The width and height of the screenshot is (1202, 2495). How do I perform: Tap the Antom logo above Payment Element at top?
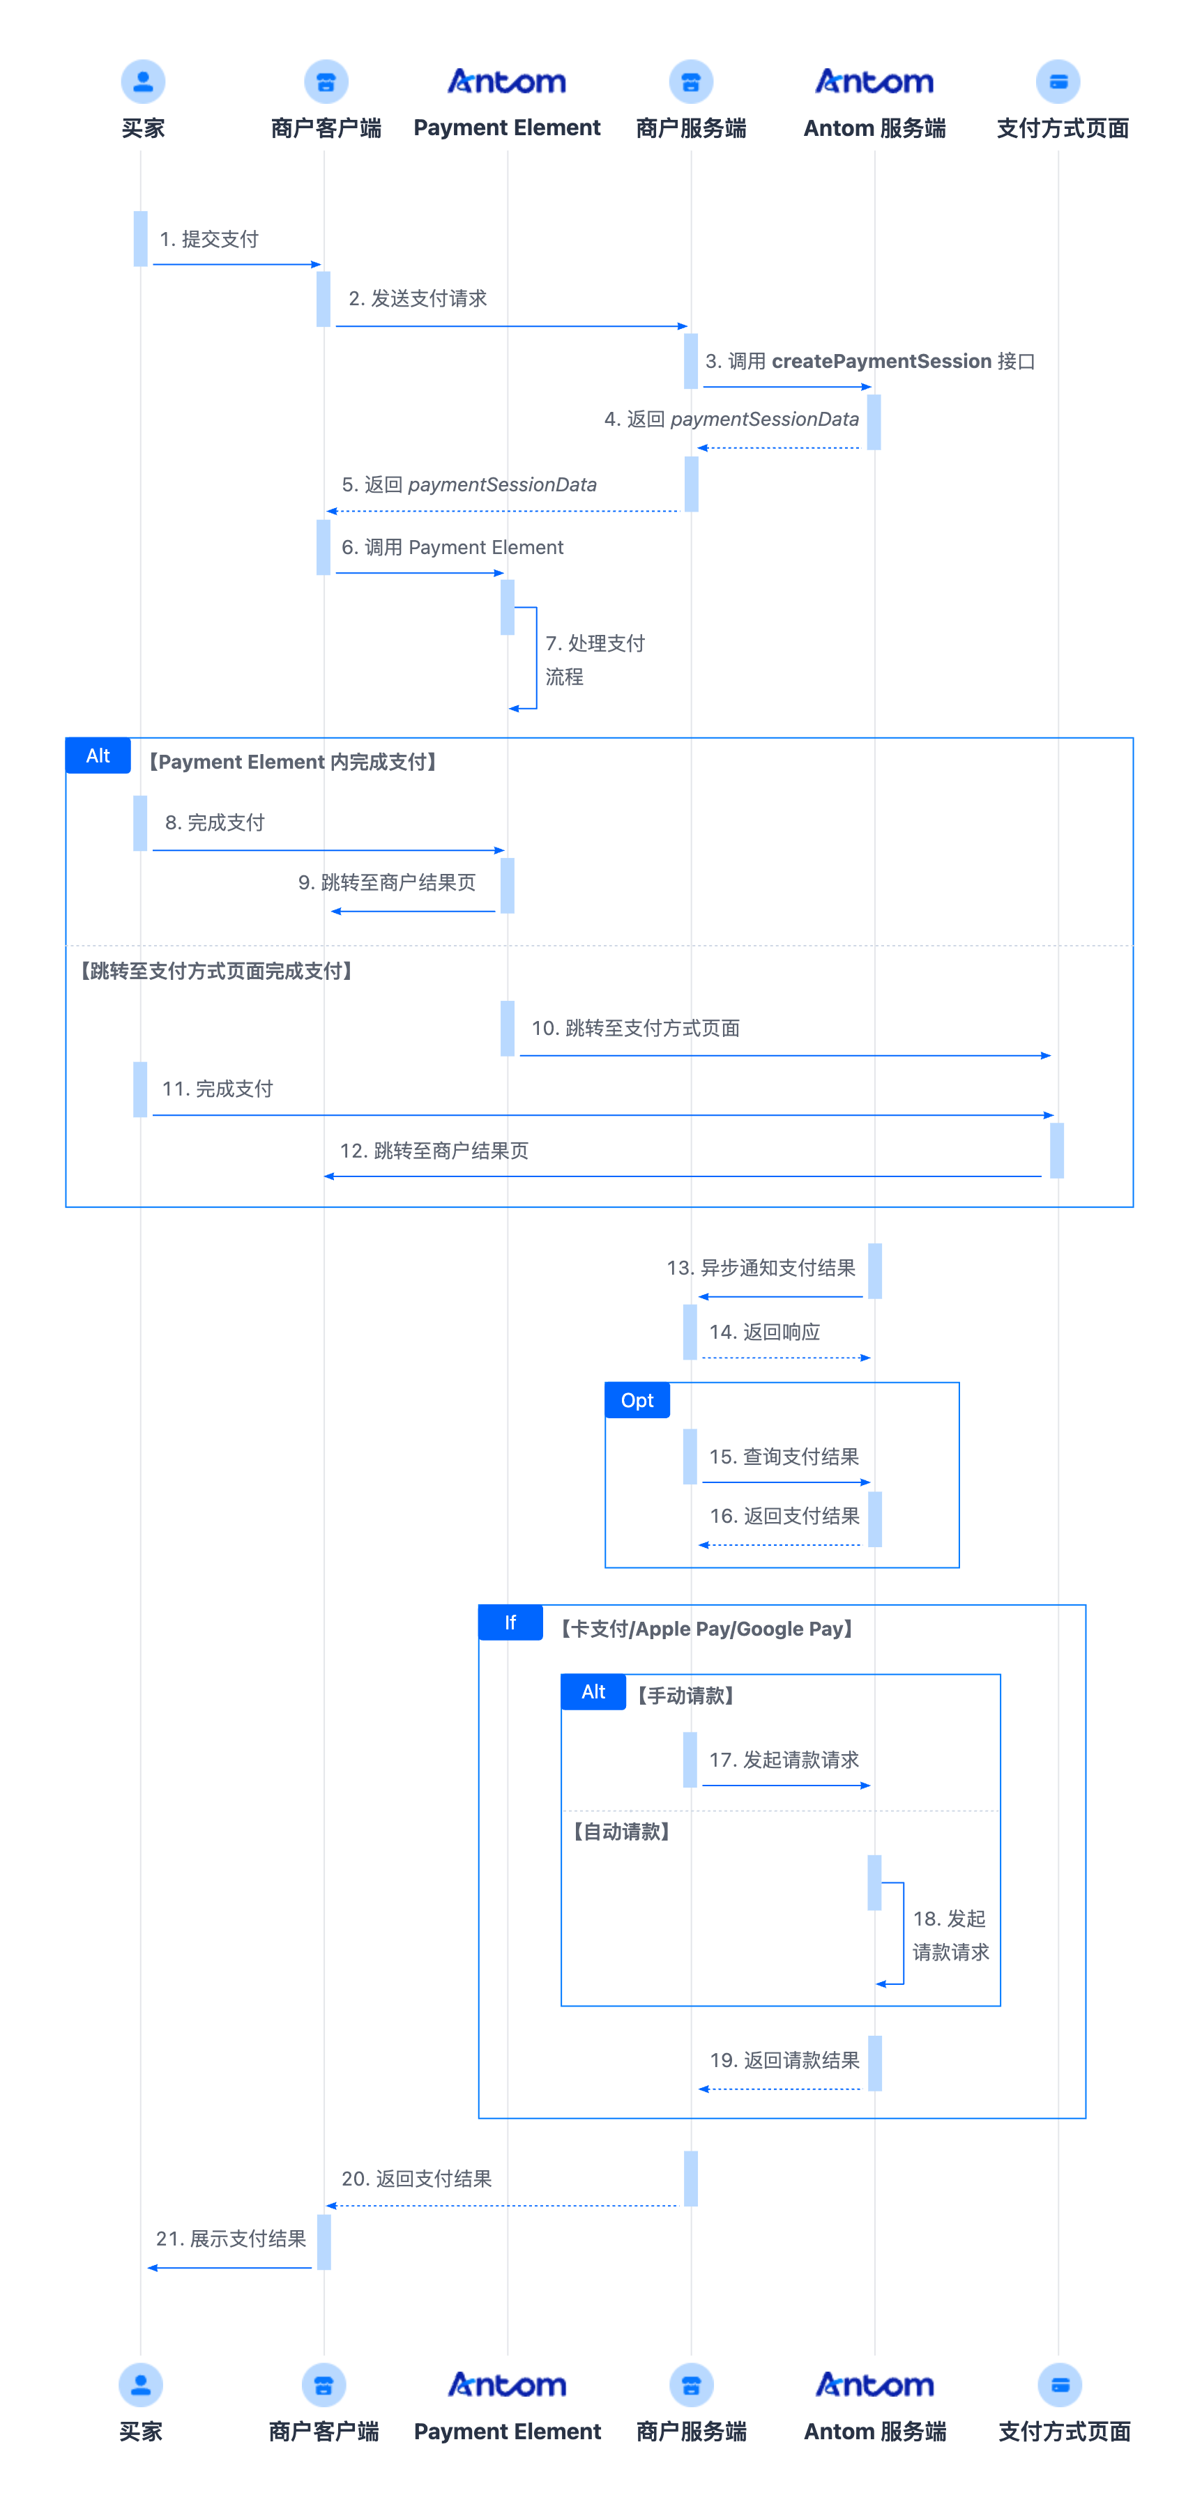click(x=507, y=82)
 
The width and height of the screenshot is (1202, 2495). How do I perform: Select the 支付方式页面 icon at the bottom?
click(x=1060, y=2385)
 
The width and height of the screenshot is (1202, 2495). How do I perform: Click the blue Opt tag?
click(x=637, y=1401)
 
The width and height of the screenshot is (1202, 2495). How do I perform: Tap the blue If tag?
click(x=510, y=1622)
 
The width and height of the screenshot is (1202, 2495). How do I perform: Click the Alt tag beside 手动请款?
click(x=594, y=1692)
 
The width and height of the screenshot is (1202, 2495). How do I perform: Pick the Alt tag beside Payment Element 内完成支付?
click(x=98, y=755)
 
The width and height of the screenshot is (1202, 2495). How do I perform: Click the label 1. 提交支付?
click(x=209, y=239)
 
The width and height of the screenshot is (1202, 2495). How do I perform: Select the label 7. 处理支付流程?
click(x=595, y=659)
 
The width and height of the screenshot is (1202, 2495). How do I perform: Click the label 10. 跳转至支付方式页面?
click(x=635, y=1028)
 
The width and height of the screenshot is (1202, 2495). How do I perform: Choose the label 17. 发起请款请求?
click(x=784, y=1760)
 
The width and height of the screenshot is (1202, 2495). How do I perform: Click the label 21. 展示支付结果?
click(x=231, y=2239)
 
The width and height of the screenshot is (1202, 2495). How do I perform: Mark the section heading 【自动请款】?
click(x=621, y=1832)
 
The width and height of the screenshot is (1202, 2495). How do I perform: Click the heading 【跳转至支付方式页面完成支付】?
click(x=216, y=971)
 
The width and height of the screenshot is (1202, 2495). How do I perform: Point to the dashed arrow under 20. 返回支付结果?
click(x=502, y=2205)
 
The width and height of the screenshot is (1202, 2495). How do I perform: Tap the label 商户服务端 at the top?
click(x=691, y=128)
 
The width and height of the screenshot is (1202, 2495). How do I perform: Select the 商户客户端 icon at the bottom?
click(x=324, y=2385)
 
